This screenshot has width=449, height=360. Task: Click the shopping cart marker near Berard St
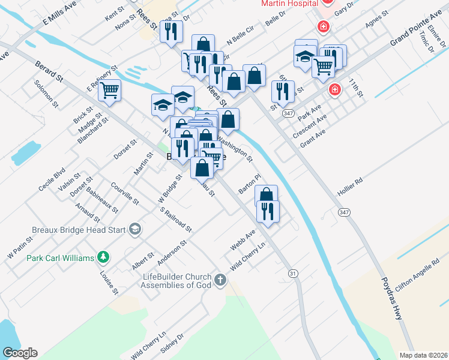pyautogui.click(x=109, y=91)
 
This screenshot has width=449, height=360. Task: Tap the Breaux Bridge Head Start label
pyautogui.click(x=79, y=229)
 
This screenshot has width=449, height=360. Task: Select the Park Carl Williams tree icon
pyautogui.click(x=104, y=257)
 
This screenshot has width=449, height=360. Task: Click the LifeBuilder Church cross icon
pyautogui.click(x=220, y=280)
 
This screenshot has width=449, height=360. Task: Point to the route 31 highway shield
pyautogui.click(x=293, y=273)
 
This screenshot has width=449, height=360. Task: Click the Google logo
pyautogui.click(x=20, y=353)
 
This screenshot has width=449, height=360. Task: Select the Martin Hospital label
pyautogui.click(x=289, y=4)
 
